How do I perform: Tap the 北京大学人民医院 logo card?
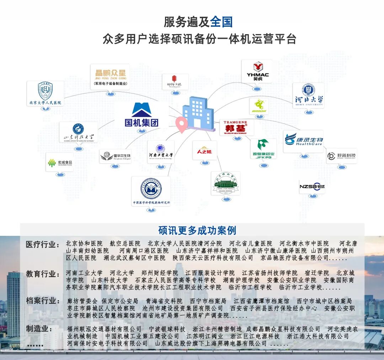[x=45, y=93]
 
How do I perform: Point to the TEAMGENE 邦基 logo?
[x=236, y=127]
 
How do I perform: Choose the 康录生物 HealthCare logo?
[x=304, y=140]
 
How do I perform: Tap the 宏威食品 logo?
[x=60, y=163]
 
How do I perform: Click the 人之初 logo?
[x=204, y=150]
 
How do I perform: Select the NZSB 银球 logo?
[x=312, y=187]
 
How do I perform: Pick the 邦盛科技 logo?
[x=342, y=156]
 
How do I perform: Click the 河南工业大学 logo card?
[x=161, y=152]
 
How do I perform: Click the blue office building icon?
[x=198, y=111]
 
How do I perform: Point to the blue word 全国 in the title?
[x=221, y=22]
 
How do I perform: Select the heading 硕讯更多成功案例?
[x=197, y=230]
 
